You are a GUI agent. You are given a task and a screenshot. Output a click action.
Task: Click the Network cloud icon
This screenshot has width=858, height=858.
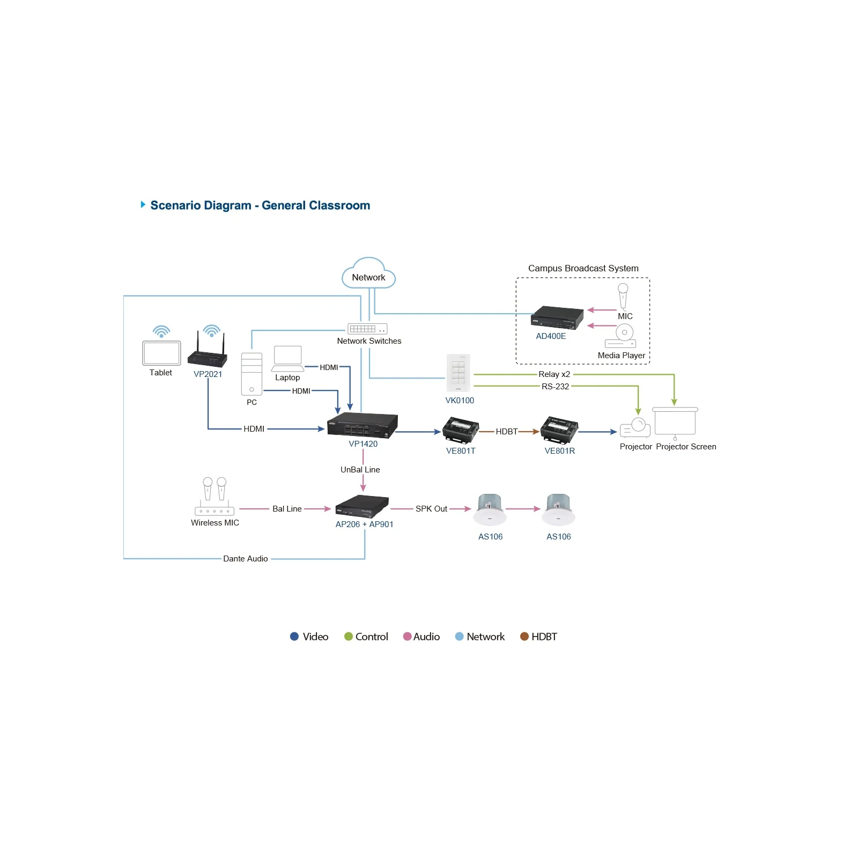[x=368, y=273]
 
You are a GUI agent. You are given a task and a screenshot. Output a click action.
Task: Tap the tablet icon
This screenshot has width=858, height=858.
[x=161, y=353]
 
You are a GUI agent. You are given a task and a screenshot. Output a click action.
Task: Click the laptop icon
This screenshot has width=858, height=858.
[x=288, y=359]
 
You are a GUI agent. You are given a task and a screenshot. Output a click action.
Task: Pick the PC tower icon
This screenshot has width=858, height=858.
[x=252, y=374]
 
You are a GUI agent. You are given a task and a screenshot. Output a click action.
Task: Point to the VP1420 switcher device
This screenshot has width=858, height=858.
[x=363, y=426]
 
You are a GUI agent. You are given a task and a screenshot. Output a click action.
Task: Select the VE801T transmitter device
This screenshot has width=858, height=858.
[x=461, y=431]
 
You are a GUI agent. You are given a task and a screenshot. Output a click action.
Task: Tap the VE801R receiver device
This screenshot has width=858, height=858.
[x=559, y=430]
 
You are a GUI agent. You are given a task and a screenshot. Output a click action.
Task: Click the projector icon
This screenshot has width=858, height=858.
[x=635, y=428]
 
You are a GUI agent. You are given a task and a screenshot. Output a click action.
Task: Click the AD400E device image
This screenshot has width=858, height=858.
[x=557, y=317]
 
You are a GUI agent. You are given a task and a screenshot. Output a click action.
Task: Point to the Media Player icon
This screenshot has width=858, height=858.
[x=621, y=336]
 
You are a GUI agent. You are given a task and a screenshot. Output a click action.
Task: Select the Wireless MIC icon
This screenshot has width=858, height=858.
[x=214, y=497]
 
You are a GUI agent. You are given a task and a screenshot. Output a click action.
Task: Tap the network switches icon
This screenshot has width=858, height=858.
[x=367, y=329]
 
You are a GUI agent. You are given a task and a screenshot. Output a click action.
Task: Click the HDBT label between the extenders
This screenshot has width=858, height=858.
[x=507, y=432]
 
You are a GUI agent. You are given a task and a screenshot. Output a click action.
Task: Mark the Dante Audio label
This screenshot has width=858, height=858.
[x=246, y=559]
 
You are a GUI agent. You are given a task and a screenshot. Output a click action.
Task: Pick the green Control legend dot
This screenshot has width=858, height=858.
[x=349, y=637]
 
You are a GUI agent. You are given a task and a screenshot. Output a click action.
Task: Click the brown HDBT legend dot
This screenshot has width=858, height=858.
[x=524, y=637]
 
